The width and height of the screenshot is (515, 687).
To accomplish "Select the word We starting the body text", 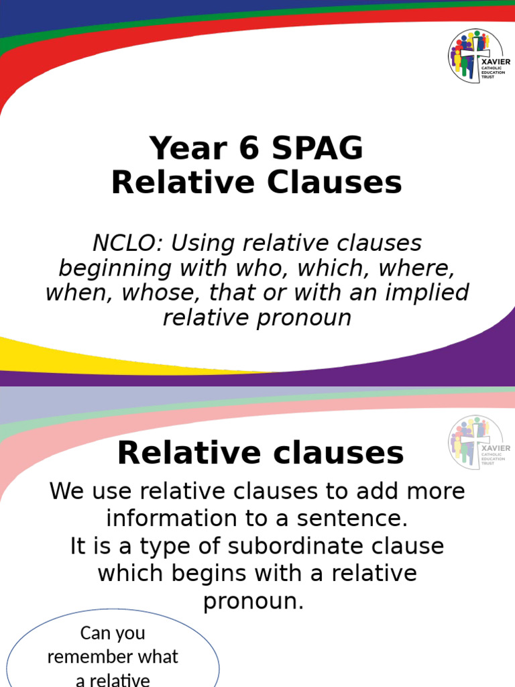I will pos(66,491).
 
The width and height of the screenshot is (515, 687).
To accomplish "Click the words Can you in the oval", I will pos(113,633).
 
